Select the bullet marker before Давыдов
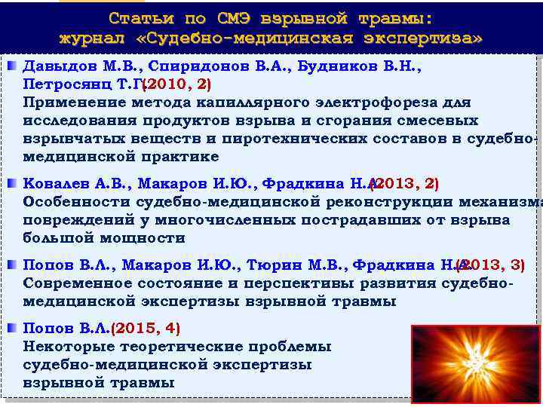(13, 66)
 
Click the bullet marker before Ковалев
(13, 183)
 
